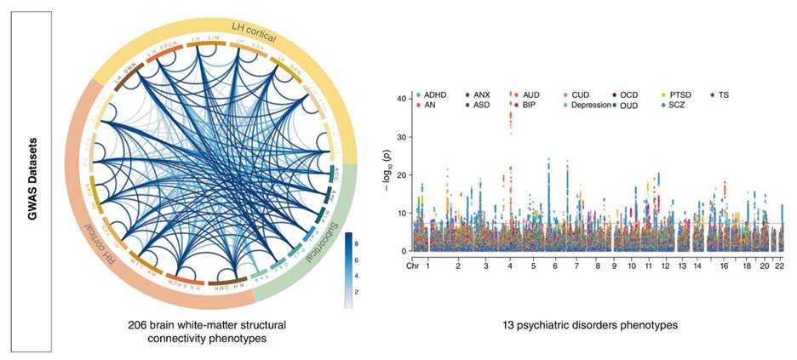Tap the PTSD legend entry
pyautogui.click(x=680, y=94)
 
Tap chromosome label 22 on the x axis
pyautogui.click(x=779, y=266)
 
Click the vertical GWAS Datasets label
pyautogui.click(x=32, y=180)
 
